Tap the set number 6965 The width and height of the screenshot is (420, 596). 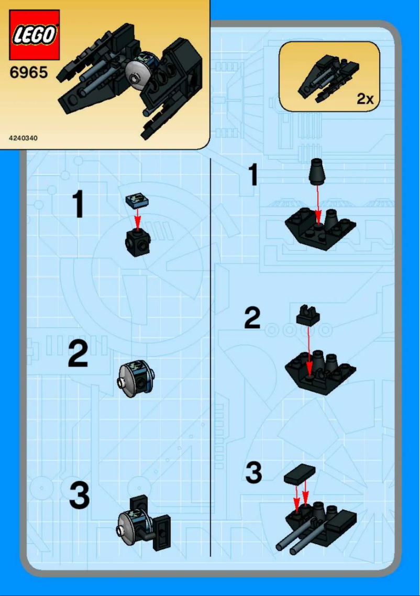[29, 72]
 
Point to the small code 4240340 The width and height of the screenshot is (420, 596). [23, 138]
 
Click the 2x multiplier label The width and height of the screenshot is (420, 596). [365, 98]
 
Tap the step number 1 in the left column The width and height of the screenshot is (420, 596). [78, 204]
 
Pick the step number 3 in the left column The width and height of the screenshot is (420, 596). [79, 495]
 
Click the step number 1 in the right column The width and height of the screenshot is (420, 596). [252, 174]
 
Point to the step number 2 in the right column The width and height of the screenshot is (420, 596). [252, 317]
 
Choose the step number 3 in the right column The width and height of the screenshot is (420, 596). [254, 473]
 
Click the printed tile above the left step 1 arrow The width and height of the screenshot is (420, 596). [137, 200]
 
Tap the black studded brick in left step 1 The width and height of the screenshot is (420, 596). [137, 242]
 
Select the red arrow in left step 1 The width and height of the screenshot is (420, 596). [137, 219]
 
